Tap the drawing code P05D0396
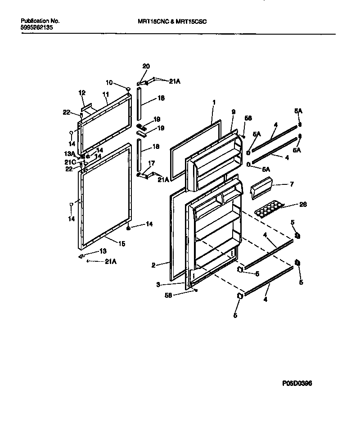click(x=297, y=384)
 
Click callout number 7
click(x=292, y=184)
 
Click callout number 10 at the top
click(x=109, y=83)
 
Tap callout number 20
click(x=145, y=66)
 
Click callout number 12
click(x=82, y=92)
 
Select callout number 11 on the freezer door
click(x=106, y=94)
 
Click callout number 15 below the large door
click(x=121, y=244)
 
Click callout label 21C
click(x=70, y=162)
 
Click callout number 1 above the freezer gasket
click(x=214, y=103)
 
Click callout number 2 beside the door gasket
click(x=153, y=265)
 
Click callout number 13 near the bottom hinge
click(x=103, y=251)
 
